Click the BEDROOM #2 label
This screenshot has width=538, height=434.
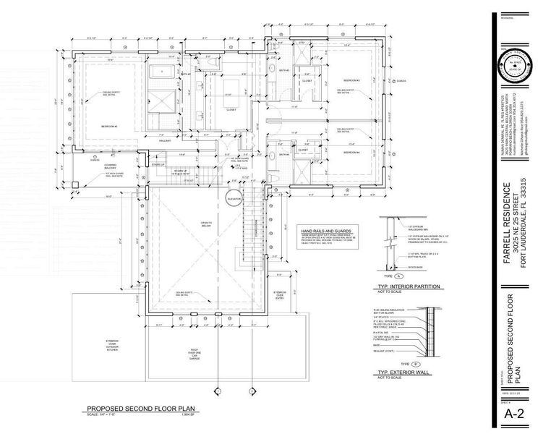coord(111,127)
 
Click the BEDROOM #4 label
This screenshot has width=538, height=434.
coord(351,152)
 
